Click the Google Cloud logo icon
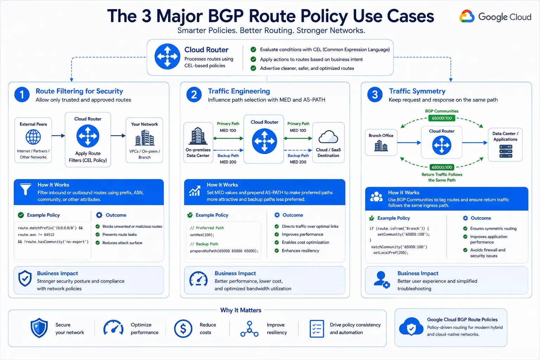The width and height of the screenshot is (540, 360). point(467,16)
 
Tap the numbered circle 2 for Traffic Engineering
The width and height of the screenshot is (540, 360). point(194,95)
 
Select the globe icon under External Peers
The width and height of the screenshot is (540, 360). point(33,137)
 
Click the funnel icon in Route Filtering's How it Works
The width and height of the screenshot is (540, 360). point(26,189)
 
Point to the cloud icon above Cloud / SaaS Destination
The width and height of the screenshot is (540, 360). point(328,137)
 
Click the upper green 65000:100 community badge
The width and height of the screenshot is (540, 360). point(442,118)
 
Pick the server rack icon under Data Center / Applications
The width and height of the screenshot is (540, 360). point(506,151)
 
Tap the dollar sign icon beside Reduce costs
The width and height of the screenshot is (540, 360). point(183,328)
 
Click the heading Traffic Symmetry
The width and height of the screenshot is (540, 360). point(417,91)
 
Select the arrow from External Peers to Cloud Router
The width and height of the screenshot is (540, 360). point(58,135)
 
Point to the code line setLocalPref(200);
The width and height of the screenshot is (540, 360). point(391,253)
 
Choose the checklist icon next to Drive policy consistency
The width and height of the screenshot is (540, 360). point(316,329)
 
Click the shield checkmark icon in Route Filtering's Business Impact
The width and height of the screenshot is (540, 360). point(25,278)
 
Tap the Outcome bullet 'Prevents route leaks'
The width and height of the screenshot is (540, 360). point(119,234)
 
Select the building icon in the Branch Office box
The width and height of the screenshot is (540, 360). point(381,146)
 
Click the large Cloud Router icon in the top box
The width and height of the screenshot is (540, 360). point(167,56)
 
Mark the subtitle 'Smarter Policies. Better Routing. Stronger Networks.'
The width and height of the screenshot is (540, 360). point(271,31)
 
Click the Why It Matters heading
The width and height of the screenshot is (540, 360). point(240,310)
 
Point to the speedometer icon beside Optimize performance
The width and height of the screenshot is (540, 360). point(113,328)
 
